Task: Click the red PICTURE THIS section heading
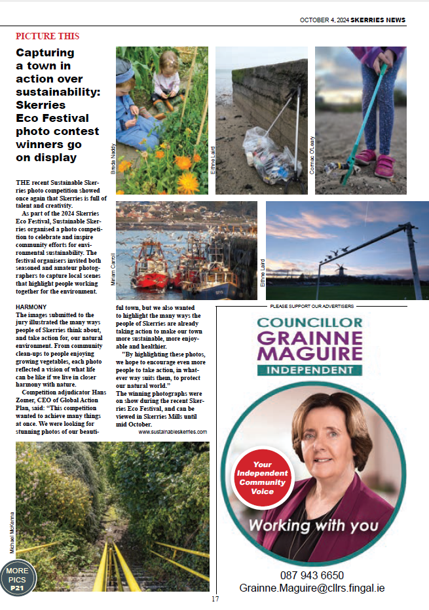tap(48, 36)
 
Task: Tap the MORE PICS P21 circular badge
tap(17, 579)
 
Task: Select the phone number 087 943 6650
tap(312, 575)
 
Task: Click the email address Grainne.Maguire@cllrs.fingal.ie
tap(312, 588)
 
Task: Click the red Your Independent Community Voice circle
tap(262, 478)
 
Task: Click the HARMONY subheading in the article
tap(31, 307)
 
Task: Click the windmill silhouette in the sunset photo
tap(341, 271)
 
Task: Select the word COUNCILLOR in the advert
tap(310, 322)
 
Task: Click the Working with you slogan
tap(313, 525)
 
